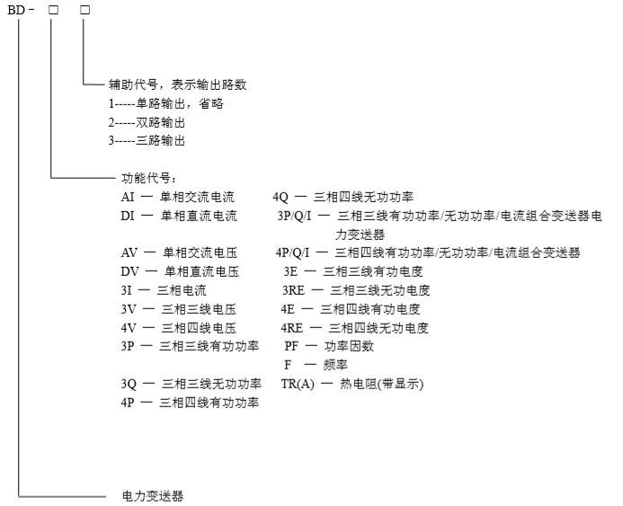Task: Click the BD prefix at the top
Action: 16,10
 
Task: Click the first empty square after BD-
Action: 53,10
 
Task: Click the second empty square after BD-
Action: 85,10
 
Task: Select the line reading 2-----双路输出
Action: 147,122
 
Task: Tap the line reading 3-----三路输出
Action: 147,140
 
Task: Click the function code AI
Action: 128,197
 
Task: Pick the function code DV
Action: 130,271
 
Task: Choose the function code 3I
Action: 127,290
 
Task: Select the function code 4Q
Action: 280,197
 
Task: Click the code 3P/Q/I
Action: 294,216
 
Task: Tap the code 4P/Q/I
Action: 292,253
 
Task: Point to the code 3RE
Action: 293,290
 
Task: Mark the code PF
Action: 291,346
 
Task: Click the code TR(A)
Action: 298,384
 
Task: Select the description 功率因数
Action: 349,346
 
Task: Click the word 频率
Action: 335,365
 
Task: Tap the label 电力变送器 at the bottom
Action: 153,496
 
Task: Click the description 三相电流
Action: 182,290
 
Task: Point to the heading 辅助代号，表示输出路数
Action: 178,84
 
